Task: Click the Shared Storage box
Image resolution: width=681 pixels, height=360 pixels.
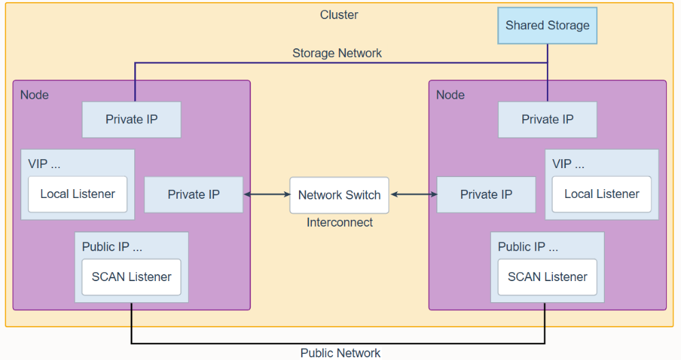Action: (548, 26)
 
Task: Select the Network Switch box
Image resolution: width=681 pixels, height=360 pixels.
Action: (339, 195)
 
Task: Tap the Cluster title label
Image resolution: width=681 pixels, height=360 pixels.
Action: (338, 15)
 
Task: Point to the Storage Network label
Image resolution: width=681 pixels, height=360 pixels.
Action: (337, 53)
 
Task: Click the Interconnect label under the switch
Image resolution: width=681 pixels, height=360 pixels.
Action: (340, 223)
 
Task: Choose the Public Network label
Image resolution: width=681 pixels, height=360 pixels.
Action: (340, 353)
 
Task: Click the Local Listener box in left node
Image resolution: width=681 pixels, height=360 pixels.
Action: (78, 194)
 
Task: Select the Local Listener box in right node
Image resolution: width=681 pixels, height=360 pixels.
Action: (601, 194)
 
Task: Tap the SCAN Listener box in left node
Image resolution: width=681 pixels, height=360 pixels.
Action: (131, 277)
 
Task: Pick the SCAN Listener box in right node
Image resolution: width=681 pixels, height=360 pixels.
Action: (548, 277)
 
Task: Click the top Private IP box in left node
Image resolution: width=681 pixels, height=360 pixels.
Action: (131, 120)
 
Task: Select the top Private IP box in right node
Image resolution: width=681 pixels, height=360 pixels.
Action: (548, 120)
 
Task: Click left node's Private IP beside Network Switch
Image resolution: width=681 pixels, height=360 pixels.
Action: (193, 195)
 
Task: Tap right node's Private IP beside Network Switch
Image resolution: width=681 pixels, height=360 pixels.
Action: (486, 195)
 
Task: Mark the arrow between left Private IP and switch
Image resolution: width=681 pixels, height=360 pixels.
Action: (267, 195)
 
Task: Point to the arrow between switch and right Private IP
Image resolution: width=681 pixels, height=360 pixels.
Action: (413, 195)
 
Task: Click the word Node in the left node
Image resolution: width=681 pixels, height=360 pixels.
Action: (34, 95)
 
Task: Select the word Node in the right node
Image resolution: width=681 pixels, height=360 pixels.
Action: (450, 95)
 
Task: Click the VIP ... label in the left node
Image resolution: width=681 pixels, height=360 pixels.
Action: (44, 164)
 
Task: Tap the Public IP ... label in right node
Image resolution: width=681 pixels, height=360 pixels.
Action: (528, 247)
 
